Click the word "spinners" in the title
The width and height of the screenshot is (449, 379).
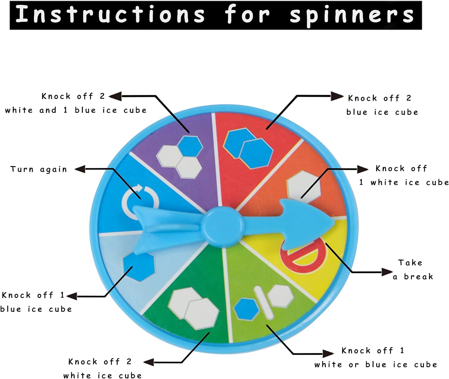[x=352, y=15]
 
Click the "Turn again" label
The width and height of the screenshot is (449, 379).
[x=39, y=169]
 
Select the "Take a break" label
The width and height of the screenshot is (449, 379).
[x=413, y=270]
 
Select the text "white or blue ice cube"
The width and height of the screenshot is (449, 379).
[x=375, y=365]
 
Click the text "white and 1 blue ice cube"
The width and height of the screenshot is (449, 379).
[x=76, y=110]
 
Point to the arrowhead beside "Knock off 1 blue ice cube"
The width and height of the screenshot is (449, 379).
[x=72, y=296]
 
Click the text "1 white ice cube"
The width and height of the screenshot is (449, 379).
[x=404, y=182]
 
